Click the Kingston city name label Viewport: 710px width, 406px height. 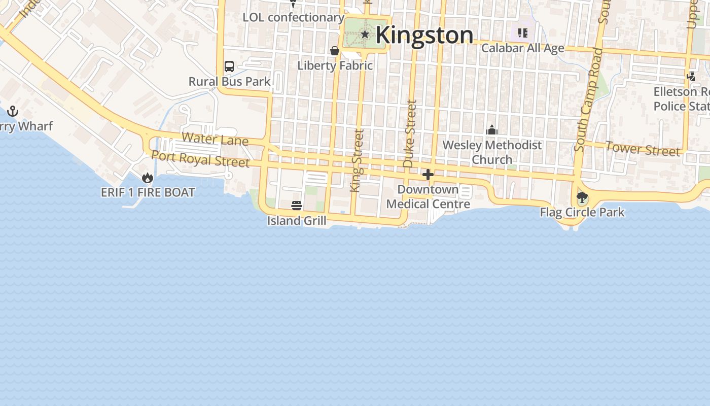tap(424, 35)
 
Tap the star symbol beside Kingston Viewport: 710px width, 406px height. tap(365, 34)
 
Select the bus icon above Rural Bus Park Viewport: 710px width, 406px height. tap(229, 66)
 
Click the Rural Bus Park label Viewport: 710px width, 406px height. tap(229, 81)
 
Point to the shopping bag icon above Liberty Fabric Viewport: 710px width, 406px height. tap(335, 51)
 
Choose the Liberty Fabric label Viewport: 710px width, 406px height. tap(335, 65)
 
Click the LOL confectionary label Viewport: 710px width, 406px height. tap(293, 17)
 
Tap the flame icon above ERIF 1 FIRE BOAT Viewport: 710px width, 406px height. tap(148, 178)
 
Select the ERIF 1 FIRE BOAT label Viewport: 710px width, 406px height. tap(148, 192)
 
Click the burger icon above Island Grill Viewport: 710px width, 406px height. tap(297, 206)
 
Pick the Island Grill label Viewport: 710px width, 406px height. tap(297, 220)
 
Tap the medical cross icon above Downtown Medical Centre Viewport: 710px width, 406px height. tap(428, 175)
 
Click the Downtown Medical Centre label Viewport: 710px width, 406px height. tap(428, 196)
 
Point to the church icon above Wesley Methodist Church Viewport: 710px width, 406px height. tap(491, 130)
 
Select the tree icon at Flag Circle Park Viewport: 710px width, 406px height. tap(582, 197)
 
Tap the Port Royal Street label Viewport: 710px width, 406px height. tap(200, 159)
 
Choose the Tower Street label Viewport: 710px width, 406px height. tap(643, 149)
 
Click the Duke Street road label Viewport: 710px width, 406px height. tap(409, 133)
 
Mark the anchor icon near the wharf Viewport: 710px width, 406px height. tap(12, 111)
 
